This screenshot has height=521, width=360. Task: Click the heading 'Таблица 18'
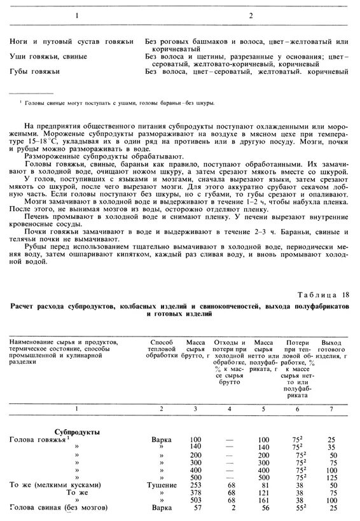click(x=324, y=295)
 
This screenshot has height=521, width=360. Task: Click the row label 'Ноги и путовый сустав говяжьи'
click(x=71, y=41)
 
